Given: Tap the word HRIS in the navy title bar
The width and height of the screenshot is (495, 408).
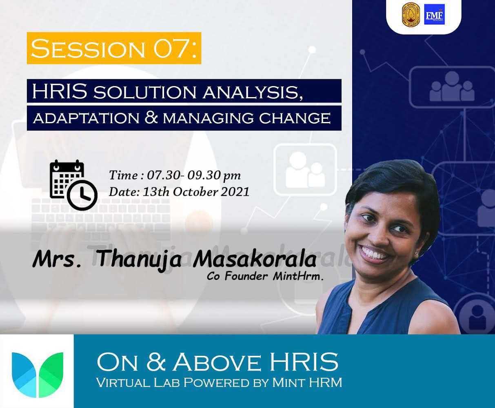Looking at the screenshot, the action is [60, 91].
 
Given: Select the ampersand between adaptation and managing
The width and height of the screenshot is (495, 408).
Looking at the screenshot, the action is [151, 118].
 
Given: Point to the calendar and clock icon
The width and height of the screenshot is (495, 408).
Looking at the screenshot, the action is [73, 185].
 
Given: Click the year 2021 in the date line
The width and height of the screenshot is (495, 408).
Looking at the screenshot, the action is [235, 192].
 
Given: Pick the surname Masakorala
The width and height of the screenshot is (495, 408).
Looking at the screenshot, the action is [255, 259].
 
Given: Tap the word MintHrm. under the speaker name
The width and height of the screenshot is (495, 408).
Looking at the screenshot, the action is [298, 277].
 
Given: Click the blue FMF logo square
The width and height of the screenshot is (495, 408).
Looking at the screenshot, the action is [434, 14].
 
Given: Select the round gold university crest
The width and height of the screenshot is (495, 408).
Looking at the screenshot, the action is [411, 14].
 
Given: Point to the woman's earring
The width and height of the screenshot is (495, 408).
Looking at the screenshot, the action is [417, 254].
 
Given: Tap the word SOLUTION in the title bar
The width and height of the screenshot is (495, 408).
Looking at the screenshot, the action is [145, 93].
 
